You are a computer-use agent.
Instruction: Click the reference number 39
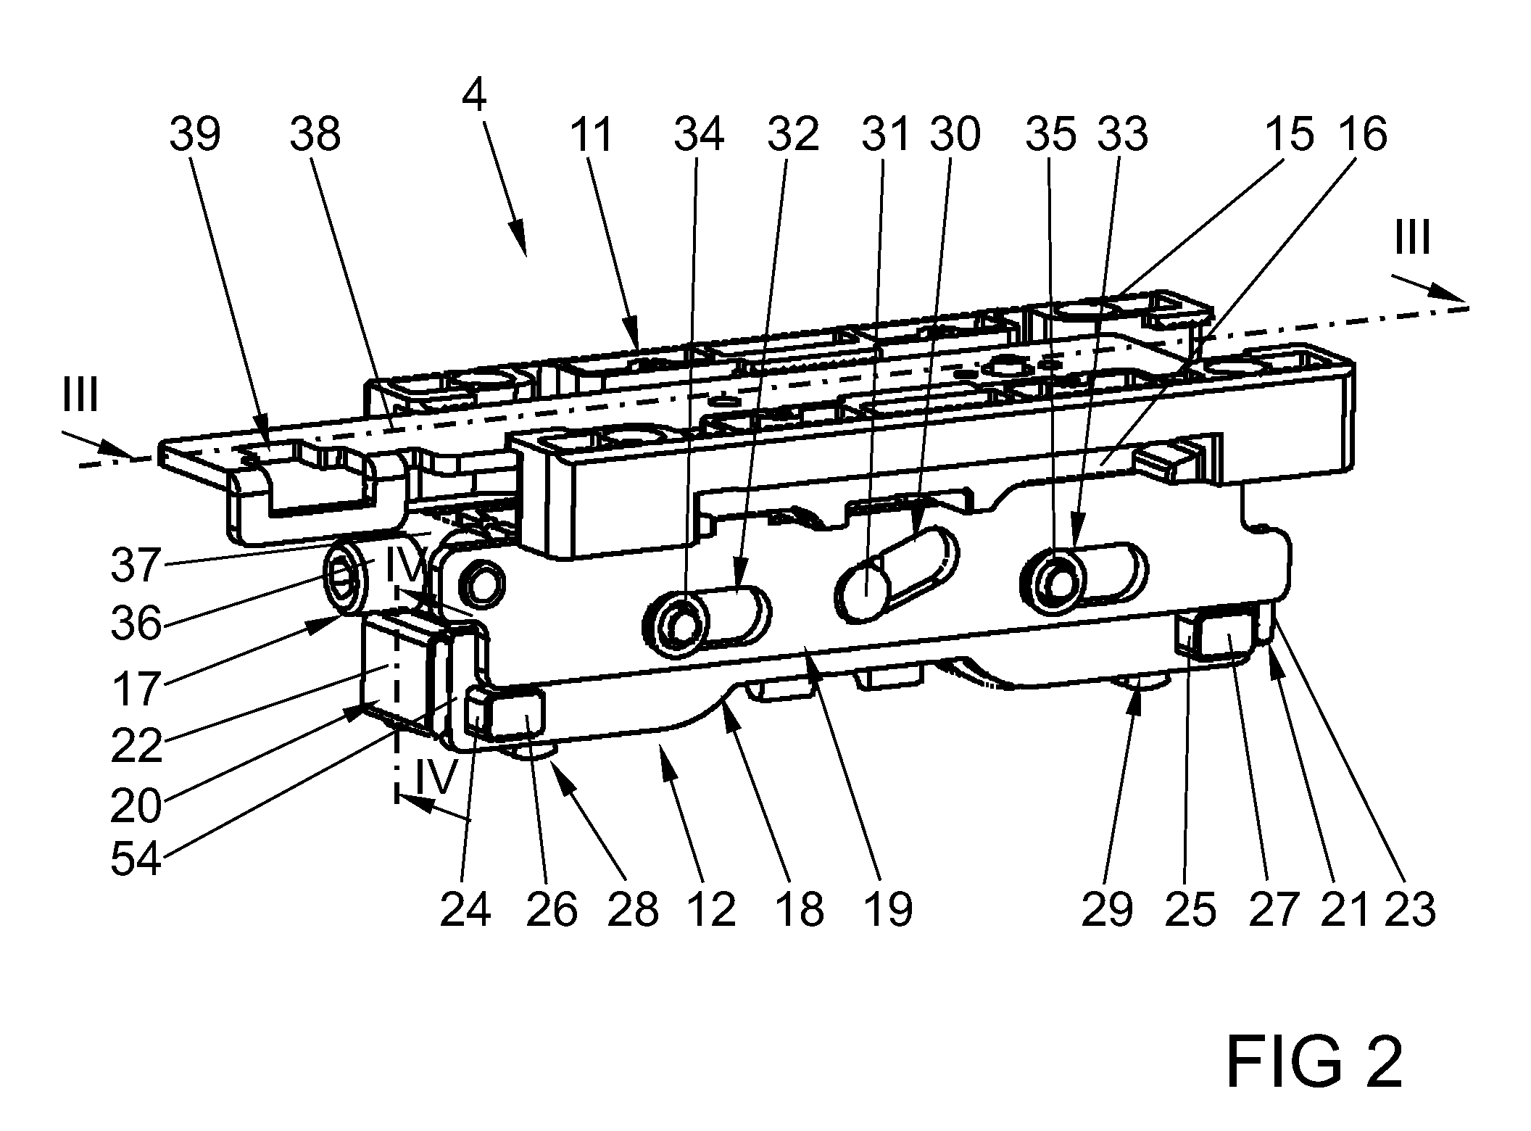pyautogui.click(x=195, y=135)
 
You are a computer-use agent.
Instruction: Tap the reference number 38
pyautogui.click(x=315, y=135)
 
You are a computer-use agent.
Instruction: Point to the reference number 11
pyautogui.click(x=592, y=135)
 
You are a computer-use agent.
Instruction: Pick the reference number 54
pyautogui.click(x=136, y=860)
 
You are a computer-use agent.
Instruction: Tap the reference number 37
pyautogui.click(x=136, y=565)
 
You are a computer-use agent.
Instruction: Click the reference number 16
pyautogui.click(x=1362, y=135)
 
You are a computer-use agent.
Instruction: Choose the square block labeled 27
pyautogui.click(x=1215, y=634)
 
